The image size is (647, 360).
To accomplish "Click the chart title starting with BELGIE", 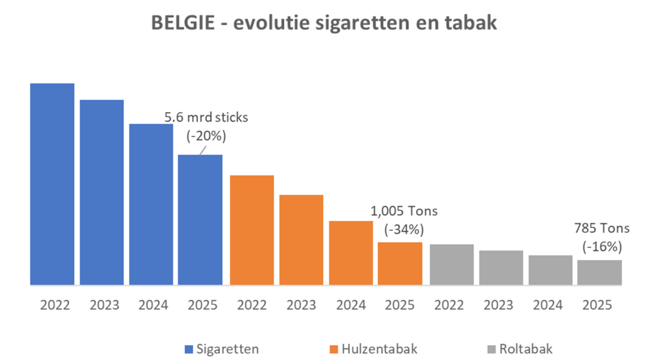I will pyautogui.click(x=323, y=23).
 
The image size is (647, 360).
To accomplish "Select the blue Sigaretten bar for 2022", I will pyautogui.click(x=52, y=184).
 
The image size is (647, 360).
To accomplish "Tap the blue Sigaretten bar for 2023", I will pyautogui.click(x=102, y=192).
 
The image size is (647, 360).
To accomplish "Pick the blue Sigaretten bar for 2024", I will pyautogui.click(x=151, y=204).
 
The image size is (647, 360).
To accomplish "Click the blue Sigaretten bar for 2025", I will pyautogui.click(x=201, y=219).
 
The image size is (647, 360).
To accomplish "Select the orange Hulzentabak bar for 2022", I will pyautogui.click(x=252, y=230).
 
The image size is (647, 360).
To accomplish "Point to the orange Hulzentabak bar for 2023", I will pyautogui.click(x=301, y=240).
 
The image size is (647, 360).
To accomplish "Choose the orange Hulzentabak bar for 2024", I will pyautogui.click(x=351, y=253).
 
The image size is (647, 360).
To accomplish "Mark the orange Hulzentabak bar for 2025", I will pyautogui.click(x=400, y=264).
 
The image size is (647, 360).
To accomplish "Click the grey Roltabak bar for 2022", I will pyautogui.click(x=452, y=264).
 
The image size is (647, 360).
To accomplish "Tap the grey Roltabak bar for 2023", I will pyautogui.click(x=501, y=267).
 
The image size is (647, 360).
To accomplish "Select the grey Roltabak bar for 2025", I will pyautogui.click(x=600, y=272).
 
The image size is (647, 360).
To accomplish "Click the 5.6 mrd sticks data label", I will pyautogui.click(x=206, y=118).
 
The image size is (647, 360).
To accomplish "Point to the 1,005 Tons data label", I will pyautogui.click(x=404, y=211).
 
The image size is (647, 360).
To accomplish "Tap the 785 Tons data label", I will pyautogui.click(x=602, y=228).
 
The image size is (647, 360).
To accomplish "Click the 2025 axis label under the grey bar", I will pyautogui.click(x=600, y=304).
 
